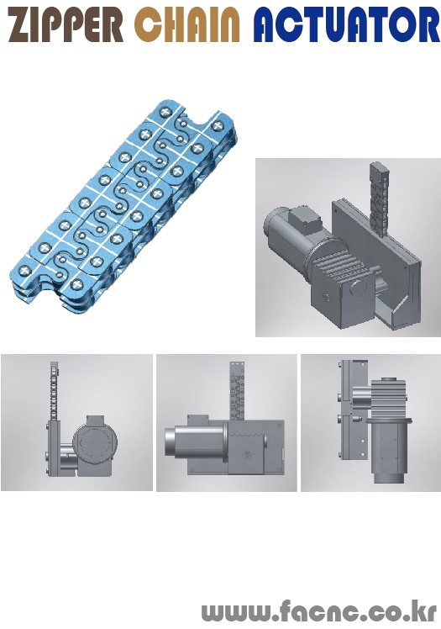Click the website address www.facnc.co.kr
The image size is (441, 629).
click(319, 610)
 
